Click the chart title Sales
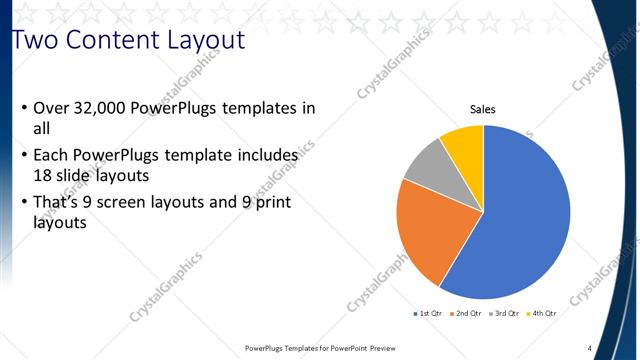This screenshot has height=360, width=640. (483, 110)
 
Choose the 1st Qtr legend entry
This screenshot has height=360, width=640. (429, 314)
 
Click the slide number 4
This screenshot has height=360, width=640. (589, 348)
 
